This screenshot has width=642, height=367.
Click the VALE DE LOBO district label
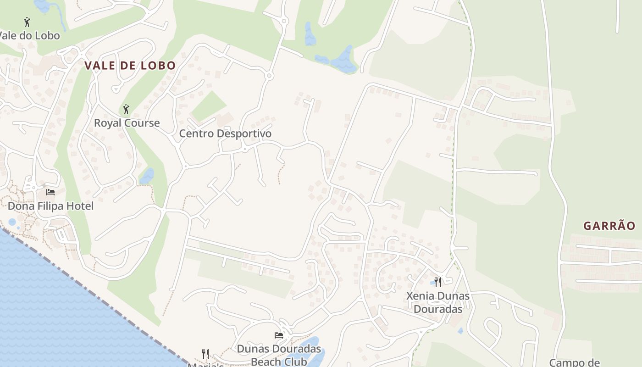[130, 66]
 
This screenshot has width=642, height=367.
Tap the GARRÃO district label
[609, 226]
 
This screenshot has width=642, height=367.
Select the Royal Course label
[127, 123]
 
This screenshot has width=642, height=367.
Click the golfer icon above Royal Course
[127, 109]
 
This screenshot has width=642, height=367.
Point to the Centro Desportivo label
[225, 133]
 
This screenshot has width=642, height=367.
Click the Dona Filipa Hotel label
[51, 206]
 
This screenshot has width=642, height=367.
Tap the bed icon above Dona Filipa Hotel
[50, 192]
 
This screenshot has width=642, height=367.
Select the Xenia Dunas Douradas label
[438, 302]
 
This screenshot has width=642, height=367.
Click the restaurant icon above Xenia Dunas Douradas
[438, 282]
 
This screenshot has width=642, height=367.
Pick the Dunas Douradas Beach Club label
[279, 355]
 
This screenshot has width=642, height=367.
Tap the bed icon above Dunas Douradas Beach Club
[278, 335]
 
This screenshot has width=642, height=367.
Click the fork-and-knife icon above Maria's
[205, 354]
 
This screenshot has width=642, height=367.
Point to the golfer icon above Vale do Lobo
[27, 22]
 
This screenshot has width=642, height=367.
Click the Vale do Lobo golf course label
[30, 35]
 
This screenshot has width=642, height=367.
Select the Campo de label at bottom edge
[574, 362]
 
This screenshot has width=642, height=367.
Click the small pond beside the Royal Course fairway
[147, 176]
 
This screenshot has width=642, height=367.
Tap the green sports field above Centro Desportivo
[208, 106]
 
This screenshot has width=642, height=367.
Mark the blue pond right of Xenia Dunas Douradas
[460, 330]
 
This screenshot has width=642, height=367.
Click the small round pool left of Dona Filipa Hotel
[12, 222]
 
